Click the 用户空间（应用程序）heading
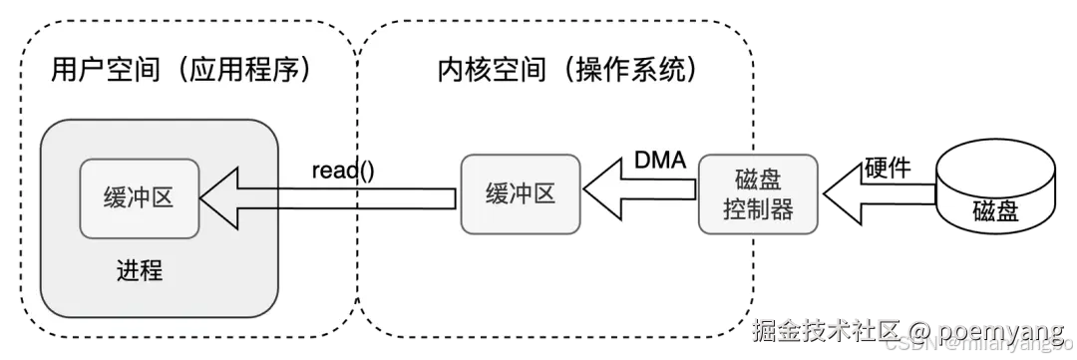[181, 71]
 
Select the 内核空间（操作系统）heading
[566, 71]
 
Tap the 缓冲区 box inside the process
[139, 197]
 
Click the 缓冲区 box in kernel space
[519, 193]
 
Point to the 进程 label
[139, 270]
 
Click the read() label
[343, 169]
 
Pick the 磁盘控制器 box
[760, 193]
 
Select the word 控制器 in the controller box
[760, 208]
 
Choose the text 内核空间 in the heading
[479, 71]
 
